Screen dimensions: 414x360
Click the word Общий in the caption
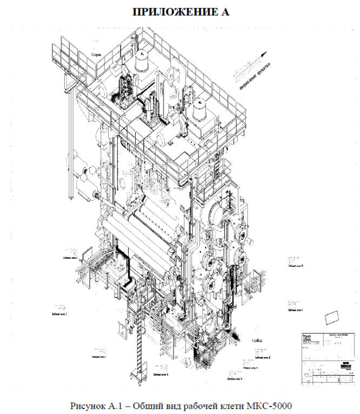pyautogui.click(x=151, y=405)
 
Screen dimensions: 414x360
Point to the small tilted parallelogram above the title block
pyautogui.click(x=332, y=316)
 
